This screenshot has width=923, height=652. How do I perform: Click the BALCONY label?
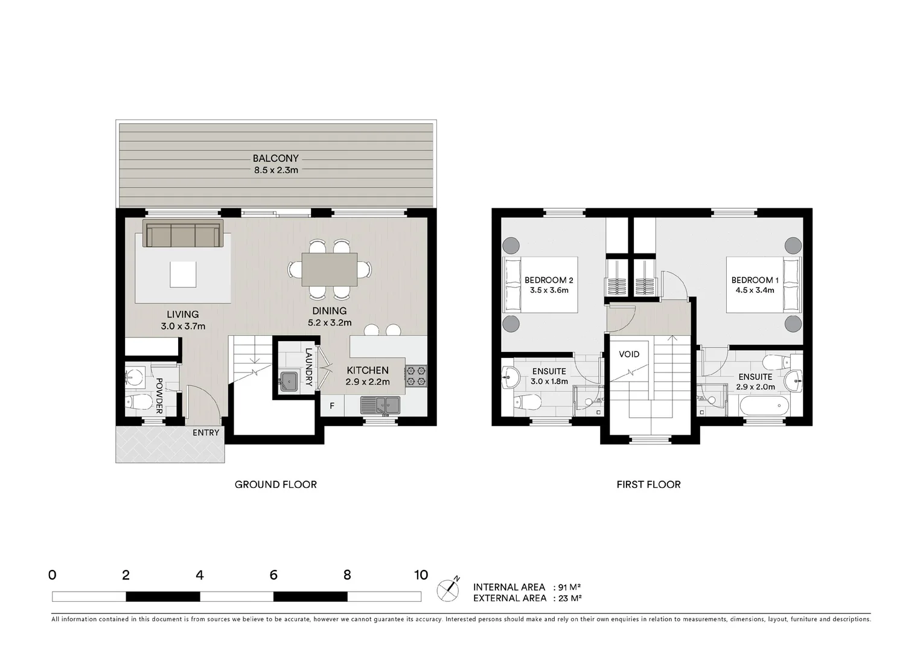click(x=276, y=158)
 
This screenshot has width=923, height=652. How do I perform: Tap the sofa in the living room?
click(x=183, y=233)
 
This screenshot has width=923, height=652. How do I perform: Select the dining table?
click(x=329, y=269)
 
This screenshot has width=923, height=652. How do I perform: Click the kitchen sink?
click(x=380, y=405)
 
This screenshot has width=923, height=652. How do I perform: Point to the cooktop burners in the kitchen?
click(x=416, y=376)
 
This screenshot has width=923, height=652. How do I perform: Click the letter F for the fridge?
click(x=332, y=406)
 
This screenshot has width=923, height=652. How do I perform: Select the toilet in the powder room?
click(x=138, y=401)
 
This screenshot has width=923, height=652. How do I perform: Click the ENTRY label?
click(x=206, y=433)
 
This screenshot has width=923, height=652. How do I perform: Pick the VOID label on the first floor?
click(x=629, y=354)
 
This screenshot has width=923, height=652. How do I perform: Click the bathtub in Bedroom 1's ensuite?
click(x=764, y=406)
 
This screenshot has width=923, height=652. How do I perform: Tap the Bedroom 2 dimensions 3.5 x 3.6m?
click(x=549, y=290)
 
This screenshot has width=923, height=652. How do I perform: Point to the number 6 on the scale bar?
click(x=273, y=575)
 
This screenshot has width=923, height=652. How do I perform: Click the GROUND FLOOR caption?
click(x=276, y=485)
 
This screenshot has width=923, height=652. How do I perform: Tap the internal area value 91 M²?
click(x=569, y=587)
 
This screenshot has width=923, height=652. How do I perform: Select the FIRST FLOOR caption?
click(x=648, y=485)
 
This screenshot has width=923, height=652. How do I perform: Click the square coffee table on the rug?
click(x=183, y=275)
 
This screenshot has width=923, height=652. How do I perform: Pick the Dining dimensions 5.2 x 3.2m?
click(x=330, y=323)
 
